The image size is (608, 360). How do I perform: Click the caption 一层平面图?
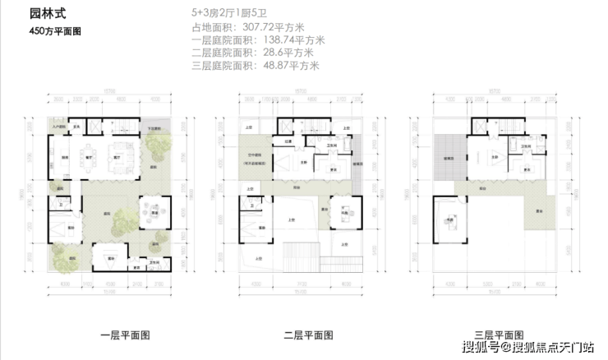click(124, 335)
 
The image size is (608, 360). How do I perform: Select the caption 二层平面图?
click(308, 335)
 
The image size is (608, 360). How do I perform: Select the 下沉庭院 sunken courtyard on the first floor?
click(155, 128)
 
